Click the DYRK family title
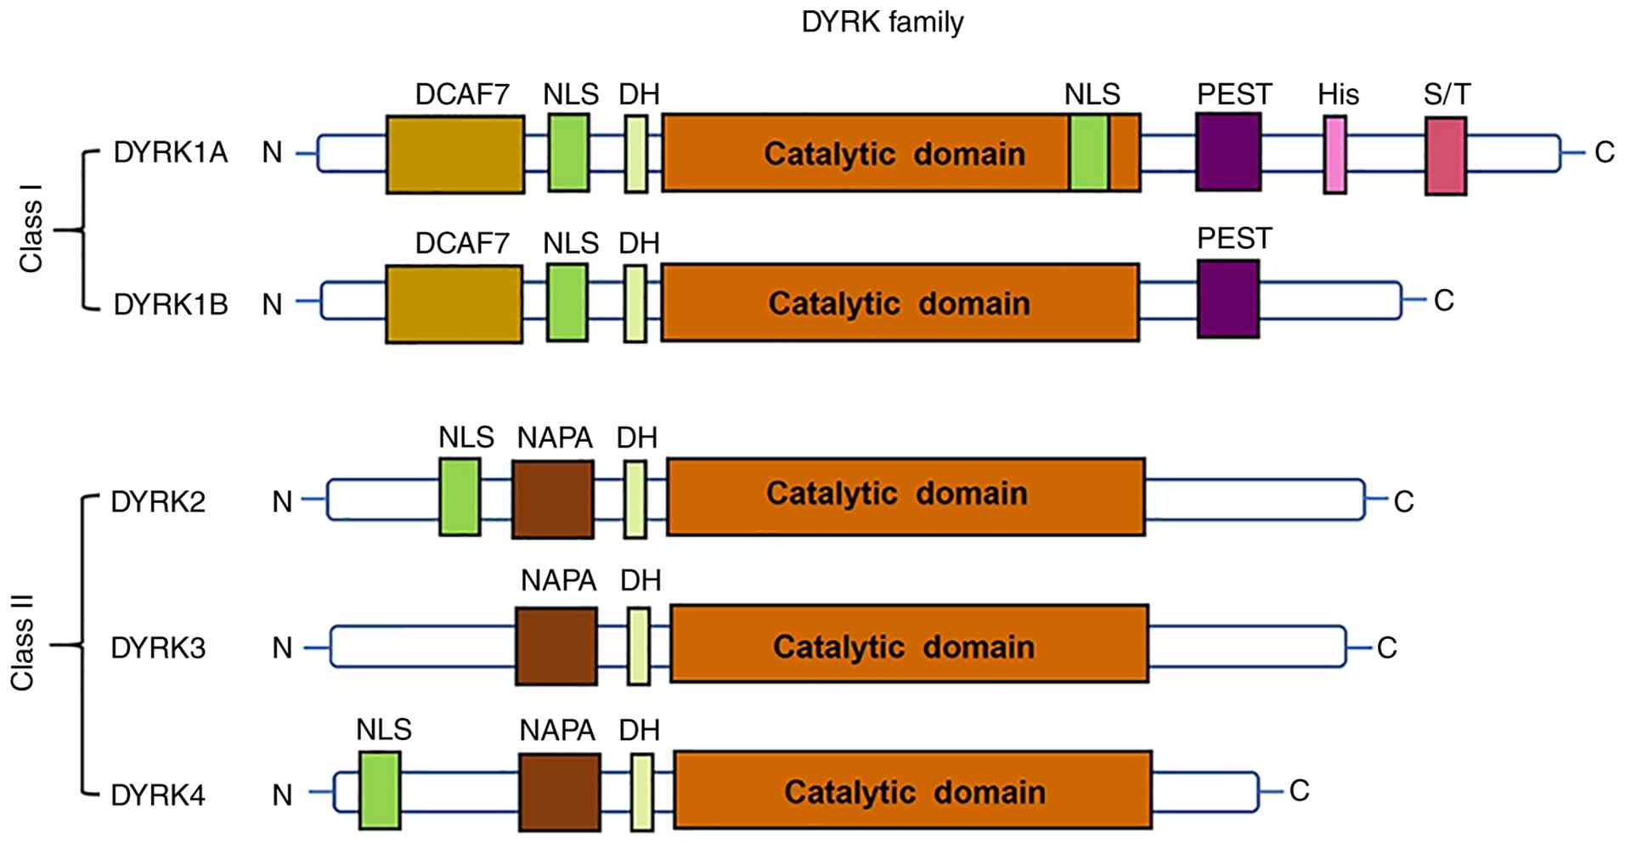(x=883, y=22)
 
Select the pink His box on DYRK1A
(x=1334, y=155)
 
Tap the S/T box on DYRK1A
(x=1446, y=155)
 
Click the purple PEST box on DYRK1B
(x=1228, y=299)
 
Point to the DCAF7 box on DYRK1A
(x=455, y=155)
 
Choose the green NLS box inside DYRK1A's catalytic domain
(x=1089, y=153)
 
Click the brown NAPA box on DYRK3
(x=556, y=646)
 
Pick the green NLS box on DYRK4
(x=380, y=790)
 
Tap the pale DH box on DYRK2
(x=635, y=499)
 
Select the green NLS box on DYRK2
(x=460, y=497)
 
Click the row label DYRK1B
(x=171, y=303)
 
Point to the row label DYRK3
(x=158, y=648)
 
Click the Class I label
(x=31, y=235)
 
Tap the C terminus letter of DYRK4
(x=1299, y=791)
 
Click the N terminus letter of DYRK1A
(x=272, y=153)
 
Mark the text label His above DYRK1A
(x=1339, y=94)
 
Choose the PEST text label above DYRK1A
(x=1234, y=94)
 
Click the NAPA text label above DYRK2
(x=555, y=438)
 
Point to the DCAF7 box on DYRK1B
(x=454, y=304)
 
